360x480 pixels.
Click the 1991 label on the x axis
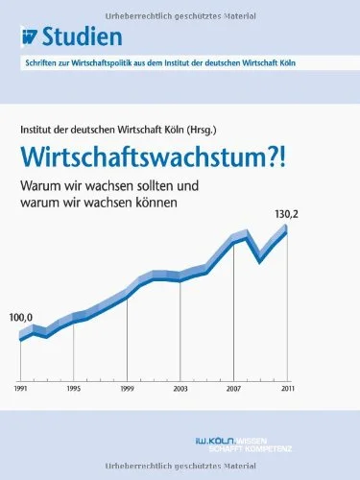21,389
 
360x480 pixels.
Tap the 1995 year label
74,389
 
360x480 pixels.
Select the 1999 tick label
128,389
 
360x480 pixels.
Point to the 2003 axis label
180,389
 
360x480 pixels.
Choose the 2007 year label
234,389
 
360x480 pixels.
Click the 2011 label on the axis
287,389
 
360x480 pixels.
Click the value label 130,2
286,214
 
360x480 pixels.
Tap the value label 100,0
21,318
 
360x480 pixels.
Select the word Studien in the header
83,36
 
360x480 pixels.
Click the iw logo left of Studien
30,37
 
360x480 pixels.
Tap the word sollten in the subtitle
149,185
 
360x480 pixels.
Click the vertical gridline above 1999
128,340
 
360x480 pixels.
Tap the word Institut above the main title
35,130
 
